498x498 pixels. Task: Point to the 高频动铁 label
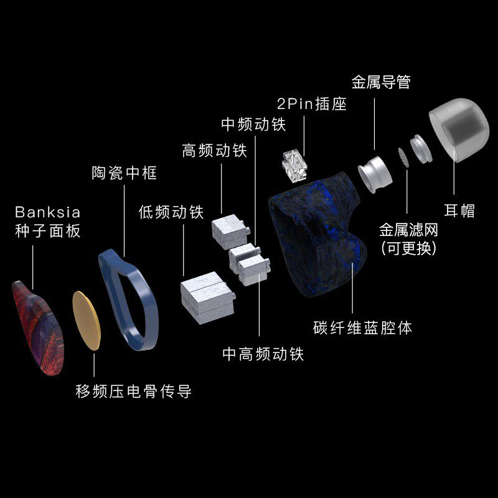point(214,151)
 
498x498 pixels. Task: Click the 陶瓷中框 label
point(120,172)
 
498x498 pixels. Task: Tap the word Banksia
point(48,212)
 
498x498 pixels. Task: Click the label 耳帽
point(460,210)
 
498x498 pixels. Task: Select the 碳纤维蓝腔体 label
point(363,327)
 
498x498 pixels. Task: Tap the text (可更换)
point(408,247)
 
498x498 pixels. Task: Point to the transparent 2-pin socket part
point(294,164)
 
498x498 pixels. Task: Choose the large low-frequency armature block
point(207,297)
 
